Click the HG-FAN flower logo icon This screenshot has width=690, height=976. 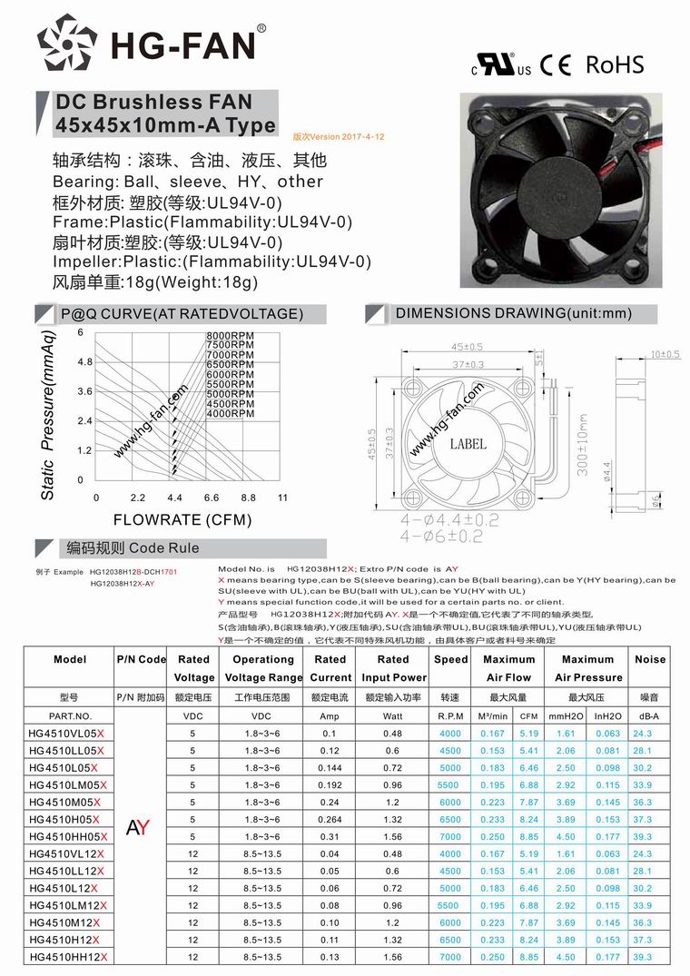(x=67, y=45)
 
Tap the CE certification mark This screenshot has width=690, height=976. (x=556, y=65)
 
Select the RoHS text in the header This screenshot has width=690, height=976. (x=615, y=64)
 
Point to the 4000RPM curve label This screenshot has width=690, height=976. (x=230, y=414)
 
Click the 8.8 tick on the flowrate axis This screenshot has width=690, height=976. (x=249, y=498)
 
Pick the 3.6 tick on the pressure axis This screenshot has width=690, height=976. (x=84, y=391)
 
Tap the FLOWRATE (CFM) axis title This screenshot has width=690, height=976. (x=181, y=521)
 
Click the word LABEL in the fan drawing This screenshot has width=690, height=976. (x=468, y=444)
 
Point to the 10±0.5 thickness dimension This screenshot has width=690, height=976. (x=665, y=354)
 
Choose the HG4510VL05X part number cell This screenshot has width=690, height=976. (x=67, y=734)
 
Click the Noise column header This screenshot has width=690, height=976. (x=649, y=659)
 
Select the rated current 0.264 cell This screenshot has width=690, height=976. (x=330, y=819)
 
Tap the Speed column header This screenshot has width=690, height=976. (x=450, y=659)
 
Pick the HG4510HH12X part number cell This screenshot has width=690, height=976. (x=67, y=958)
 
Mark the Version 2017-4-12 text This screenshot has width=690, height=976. (x=339, y=136)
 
